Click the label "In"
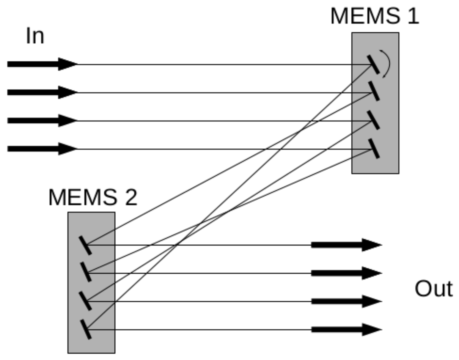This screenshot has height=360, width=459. point(35,36)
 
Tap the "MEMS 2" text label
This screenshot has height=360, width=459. point(92,197)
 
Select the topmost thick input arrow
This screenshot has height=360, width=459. point(42,64)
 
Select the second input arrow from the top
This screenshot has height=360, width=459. point(42,92)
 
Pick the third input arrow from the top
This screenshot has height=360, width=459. point(42,121)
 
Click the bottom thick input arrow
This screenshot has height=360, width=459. point(42,149)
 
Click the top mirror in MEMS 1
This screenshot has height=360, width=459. point(373,64)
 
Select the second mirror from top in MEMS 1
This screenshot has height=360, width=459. point(374,91)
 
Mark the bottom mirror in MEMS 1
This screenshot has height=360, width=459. point(374,149)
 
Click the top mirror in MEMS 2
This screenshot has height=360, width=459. point(85,245)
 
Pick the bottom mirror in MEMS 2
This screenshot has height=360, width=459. point(85,329)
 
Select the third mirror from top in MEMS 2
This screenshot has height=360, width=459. point(85,301)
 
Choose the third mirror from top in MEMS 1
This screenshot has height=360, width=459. point(374,120)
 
